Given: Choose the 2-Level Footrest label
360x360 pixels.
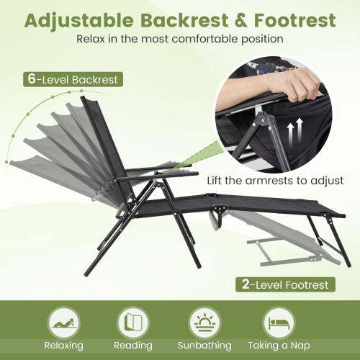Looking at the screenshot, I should pyautogui.click(x=286, y=284).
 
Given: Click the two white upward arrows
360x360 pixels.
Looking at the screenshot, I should pyautogui.click(x=294, y=134).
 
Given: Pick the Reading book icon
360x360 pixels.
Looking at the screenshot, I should pyautogui.click(x=132, y=320).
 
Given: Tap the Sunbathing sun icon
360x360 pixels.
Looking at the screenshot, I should pyautogui.click(x=204, y=320).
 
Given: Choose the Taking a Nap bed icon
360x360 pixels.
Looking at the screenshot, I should pyautogui.click(x=277, y=320).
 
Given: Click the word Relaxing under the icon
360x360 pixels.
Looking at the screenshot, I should pyautogui.click(x=64, y=346).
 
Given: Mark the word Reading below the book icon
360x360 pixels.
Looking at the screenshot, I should pyautogui.click(x=132, y=346).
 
